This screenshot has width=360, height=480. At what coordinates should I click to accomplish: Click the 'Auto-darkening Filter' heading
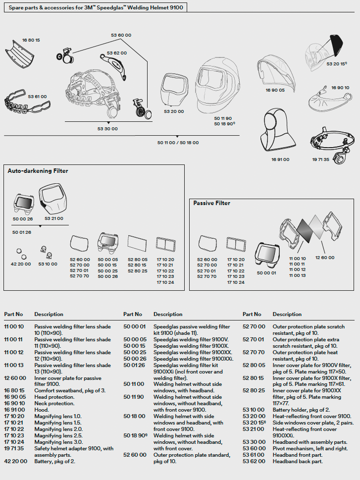point(38,171)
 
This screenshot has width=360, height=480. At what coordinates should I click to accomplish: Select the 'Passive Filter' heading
point(211,203)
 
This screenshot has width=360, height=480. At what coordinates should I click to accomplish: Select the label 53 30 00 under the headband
point(107,128)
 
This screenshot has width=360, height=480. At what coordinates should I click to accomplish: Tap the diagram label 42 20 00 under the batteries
point(20,264)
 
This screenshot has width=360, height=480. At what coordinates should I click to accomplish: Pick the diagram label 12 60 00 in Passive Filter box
point(325,258)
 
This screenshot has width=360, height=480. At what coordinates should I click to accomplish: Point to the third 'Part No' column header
point(252,315)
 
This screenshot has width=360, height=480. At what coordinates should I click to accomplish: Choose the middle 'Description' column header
point(168,315)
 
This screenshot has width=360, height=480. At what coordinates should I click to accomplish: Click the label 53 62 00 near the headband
point(117,53)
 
